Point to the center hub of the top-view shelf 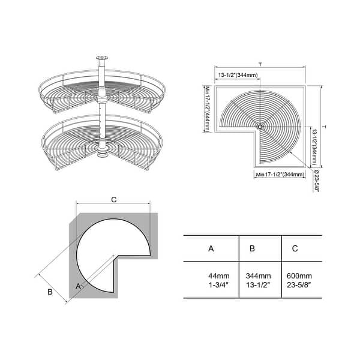259,127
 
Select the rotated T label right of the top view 325,127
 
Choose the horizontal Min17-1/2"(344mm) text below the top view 279,174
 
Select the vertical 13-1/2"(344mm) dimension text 314,147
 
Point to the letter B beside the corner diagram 50,292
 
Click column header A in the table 210,248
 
